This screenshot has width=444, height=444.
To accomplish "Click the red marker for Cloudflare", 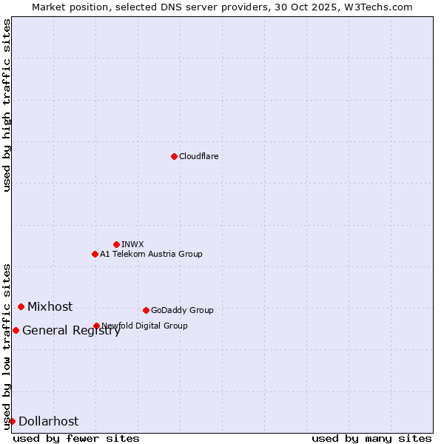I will (x=174, y=156).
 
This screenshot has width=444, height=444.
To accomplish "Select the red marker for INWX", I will (x=116, y=244).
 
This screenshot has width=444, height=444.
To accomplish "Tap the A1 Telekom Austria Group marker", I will (x=95, y=254).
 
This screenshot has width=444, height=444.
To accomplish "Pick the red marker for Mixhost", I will (x=21, y=306).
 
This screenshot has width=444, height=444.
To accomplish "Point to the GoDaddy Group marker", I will (x=146, y=310).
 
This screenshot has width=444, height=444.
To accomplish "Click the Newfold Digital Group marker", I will (x=96, y=326).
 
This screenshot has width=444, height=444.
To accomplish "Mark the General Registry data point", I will (x=16, y=330).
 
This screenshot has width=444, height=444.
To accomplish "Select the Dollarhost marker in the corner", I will (x=12, y=421).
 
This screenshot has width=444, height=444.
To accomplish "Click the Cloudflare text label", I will (x=198, y=156).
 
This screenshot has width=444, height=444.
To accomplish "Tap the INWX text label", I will (x=132, y=244).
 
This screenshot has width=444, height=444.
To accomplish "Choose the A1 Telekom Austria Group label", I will (x=151, y=254).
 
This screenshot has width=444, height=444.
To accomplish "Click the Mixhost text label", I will (x=50, y=306).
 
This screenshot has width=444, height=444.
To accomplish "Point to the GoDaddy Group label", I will (x=182, y=310).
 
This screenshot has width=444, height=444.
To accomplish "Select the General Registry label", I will (x=71, y=331).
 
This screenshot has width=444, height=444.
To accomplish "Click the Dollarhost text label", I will (x=48, y=422).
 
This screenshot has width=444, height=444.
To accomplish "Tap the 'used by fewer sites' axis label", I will (x=76, y=438).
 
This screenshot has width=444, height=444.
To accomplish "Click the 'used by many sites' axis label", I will (x=371, y=438).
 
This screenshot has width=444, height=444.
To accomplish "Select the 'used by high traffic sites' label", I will (x=7, y=105).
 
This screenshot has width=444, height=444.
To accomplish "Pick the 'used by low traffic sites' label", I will (x=7, y=346).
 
